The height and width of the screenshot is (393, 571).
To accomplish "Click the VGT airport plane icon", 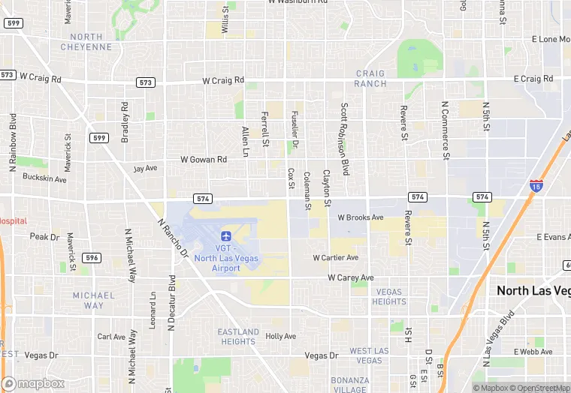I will coord(226,235).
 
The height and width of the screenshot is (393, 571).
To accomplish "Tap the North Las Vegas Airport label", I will coord(226,258).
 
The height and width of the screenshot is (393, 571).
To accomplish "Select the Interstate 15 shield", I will coord(536,186).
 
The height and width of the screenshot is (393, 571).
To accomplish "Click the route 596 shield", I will coord(92,257).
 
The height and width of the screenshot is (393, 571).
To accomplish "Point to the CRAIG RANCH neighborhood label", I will coord(370,79).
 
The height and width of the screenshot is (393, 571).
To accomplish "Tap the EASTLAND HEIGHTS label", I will coord(238,336).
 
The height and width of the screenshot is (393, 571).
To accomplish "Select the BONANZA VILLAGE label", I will coord(349,385).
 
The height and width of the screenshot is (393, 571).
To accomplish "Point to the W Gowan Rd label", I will coord(204,160).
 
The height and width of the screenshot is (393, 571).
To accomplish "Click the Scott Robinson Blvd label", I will coord(345,139).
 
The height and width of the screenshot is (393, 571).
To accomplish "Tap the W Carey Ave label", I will coord(350,277).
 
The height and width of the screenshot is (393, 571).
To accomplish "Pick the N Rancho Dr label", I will coord(172,238).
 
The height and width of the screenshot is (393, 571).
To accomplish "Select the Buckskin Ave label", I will coord(44,179).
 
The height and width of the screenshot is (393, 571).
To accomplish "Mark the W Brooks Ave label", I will coord(361,217).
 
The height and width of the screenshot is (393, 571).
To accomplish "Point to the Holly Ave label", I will coord(281,337).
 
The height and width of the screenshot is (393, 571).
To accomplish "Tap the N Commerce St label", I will coord(446,130).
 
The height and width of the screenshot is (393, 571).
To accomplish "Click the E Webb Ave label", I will coord(533,352).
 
